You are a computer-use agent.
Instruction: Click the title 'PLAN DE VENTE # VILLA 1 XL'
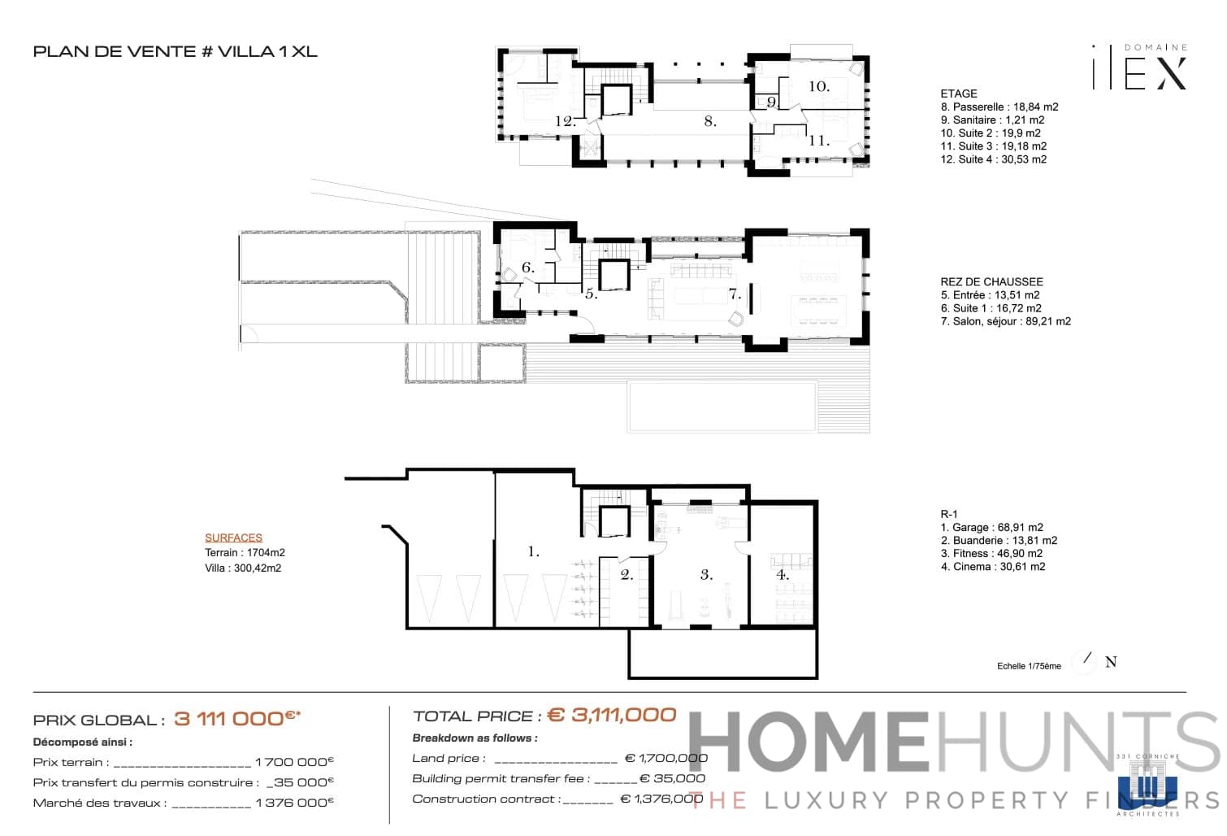pyautogui.click(x=175, y=52)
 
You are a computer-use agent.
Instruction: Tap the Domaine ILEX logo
pyautogui.click(x=1139, y=67)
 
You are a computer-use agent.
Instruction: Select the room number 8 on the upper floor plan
pyautogui.click(x=710, y=121)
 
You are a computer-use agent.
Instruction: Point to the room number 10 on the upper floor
pyautogui.click(x=818, y=86)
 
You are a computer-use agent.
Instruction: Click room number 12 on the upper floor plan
pyautogui.click(x=566, y=121)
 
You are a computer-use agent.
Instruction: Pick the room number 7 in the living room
pyautogui.click(x=735, y=294)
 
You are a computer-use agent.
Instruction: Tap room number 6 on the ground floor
pyautogui.click(x=527, y=268)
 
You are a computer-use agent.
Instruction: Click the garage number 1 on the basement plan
pyautogui.click(x=533, y=551)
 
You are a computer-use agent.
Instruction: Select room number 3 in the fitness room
pyautogui.click(x=706, y=574)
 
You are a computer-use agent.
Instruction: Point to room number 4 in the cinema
pyautogui.click(x=783, y=574)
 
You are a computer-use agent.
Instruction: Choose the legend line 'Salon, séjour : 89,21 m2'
pyautogui.click(x=1005, y=321)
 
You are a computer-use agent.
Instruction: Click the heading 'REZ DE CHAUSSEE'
pyautogui.click(x=991, y=281)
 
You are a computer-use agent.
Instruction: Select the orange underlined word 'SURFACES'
pyautogui.click(x=233, y=538)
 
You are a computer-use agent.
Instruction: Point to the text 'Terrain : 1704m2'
pyautogui.click(x=245, y=552)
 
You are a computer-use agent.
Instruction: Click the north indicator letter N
pyautogui.click(x=1111, y=662)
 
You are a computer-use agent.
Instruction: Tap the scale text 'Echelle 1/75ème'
pyautogui.click(x=1029, y=666)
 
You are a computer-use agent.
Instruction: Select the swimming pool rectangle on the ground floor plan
pyautogui.click(x=722, y=407)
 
